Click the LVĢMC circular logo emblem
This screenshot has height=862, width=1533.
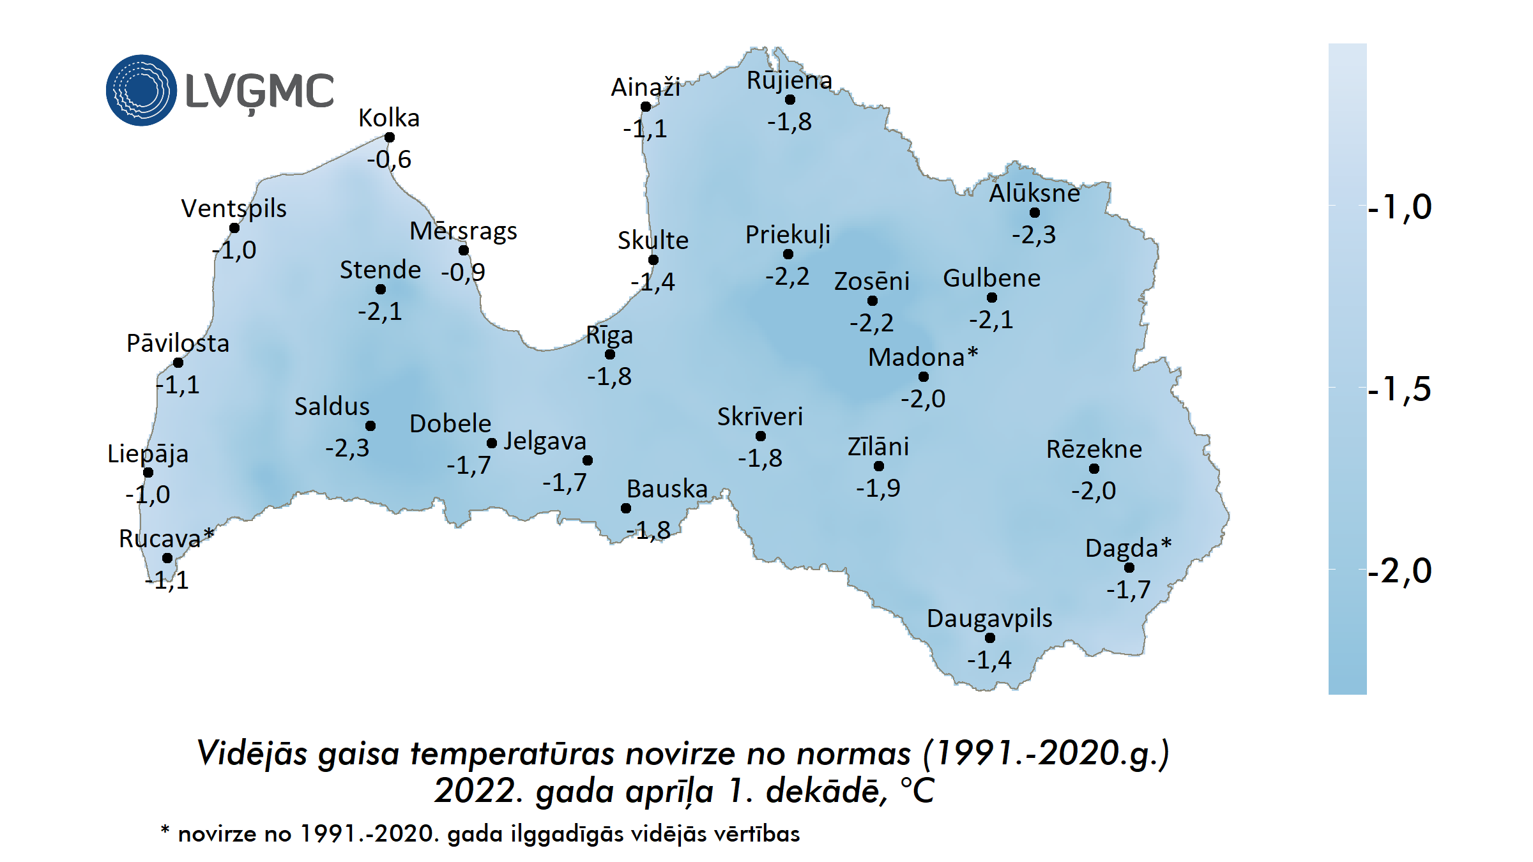coord(141,90)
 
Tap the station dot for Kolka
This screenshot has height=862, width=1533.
coord(390,137)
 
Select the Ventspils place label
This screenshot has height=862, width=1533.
coord(234,208)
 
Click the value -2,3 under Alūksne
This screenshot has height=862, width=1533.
coord(1033,235)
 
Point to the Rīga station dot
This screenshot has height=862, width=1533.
coord(610,354)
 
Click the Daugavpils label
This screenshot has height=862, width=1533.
coord(989,618)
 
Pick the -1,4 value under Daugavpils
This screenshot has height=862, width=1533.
coord(989,660)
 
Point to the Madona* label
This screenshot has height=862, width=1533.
coord(923,357)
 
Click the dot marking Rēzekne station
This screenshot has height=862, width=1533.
coord(1094,469)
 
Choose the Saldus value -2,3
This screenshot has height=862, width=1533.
coord(347,448)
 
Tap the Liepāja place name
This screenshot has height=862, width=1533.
coord(148,453)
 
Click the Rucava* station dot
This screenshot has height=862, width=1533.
coord(167,558)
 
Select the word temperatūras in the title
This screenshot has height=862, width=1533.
coord(514,753)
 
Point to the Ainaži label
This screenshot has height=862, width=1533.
coord(645,87)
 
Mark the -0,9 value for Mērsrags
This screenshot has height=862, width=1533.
coord(463,273)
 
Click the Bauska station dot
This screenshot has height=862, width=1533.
coord(626,508)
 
